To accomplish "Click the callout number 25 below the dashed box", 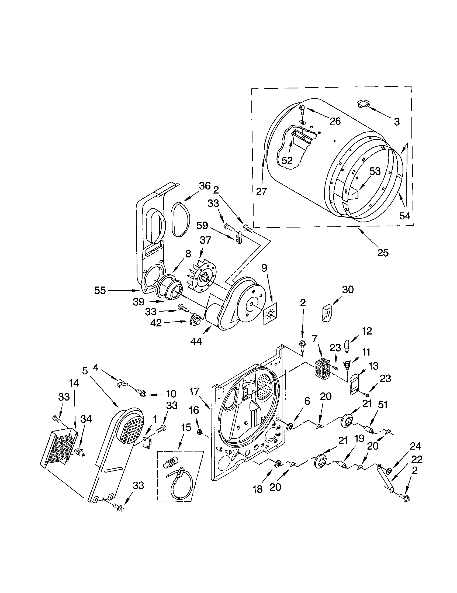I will coord(383,253).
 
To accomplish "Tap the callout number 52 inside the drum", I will coord(287,160).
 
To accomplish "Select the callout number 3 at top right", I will coord(397,122).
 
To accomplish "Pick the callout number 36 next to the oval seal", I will coord(205,186).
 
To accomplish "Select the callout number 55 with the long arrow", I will coord(100,290).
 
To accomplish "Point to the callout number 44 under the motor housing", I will coord(196,341).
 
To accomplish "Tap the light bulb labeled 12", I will coord(347,346).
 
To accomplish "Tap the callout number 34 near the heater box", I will coord(86,419).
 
